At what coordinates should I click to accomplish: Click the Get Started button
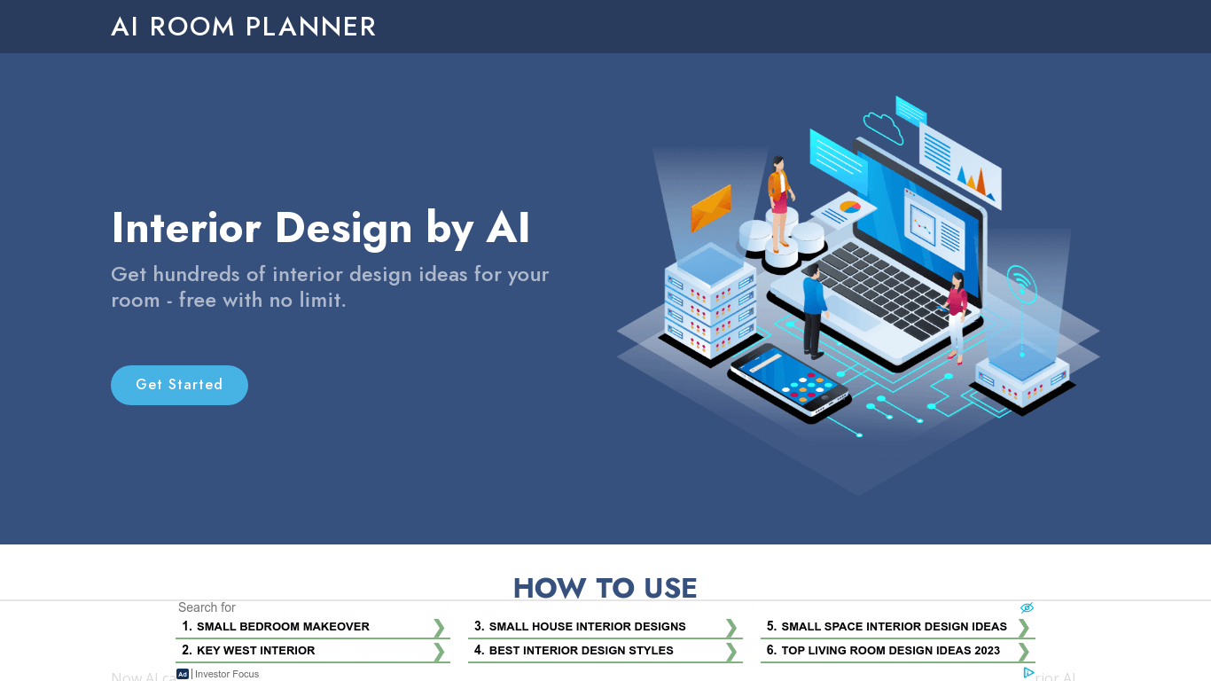[179, 385]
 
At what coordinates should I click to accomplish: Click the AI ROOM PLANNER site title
[243, 27]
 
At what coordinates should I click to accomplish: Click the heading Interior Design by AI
[320, 228]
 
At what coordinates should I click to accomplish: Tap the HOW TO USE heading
[605, 588]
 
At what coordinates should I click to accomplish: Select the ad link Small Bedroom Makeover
[283, 627]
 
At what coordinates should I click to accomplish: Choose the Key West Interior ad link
[255, 651]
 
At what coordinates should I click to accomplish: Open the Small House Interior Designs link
[587, 627]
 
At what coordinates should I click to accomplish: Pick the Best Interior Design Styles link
[581, 651]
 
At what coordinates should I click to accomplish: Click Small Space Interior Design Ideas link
[894, 627]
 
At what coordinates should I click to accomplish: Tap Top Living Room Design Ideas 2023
[890, 651]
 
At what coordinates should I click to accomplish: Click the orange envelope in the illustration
[711, 209]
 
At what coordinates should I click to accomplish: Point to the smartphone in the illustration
[789, 382]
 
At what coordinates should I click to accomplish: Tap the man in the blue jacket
[813, 310]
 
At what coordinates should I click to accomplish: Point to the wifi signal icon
[1021, 285]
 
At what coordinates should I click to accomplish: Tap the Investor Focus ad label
[227, 674]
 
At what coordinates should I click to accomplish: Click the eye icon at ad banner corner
[1027, 608]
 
